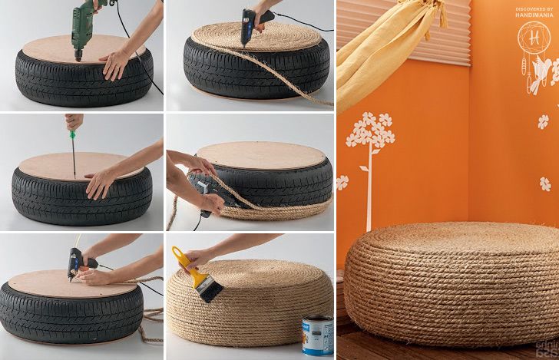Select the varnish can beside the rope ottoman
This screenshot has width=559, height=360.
point(317,335)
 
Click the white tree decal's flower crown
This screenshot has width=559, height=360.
point(370,130)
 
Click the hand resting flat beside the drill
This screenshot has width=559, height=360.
point(117,63)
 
